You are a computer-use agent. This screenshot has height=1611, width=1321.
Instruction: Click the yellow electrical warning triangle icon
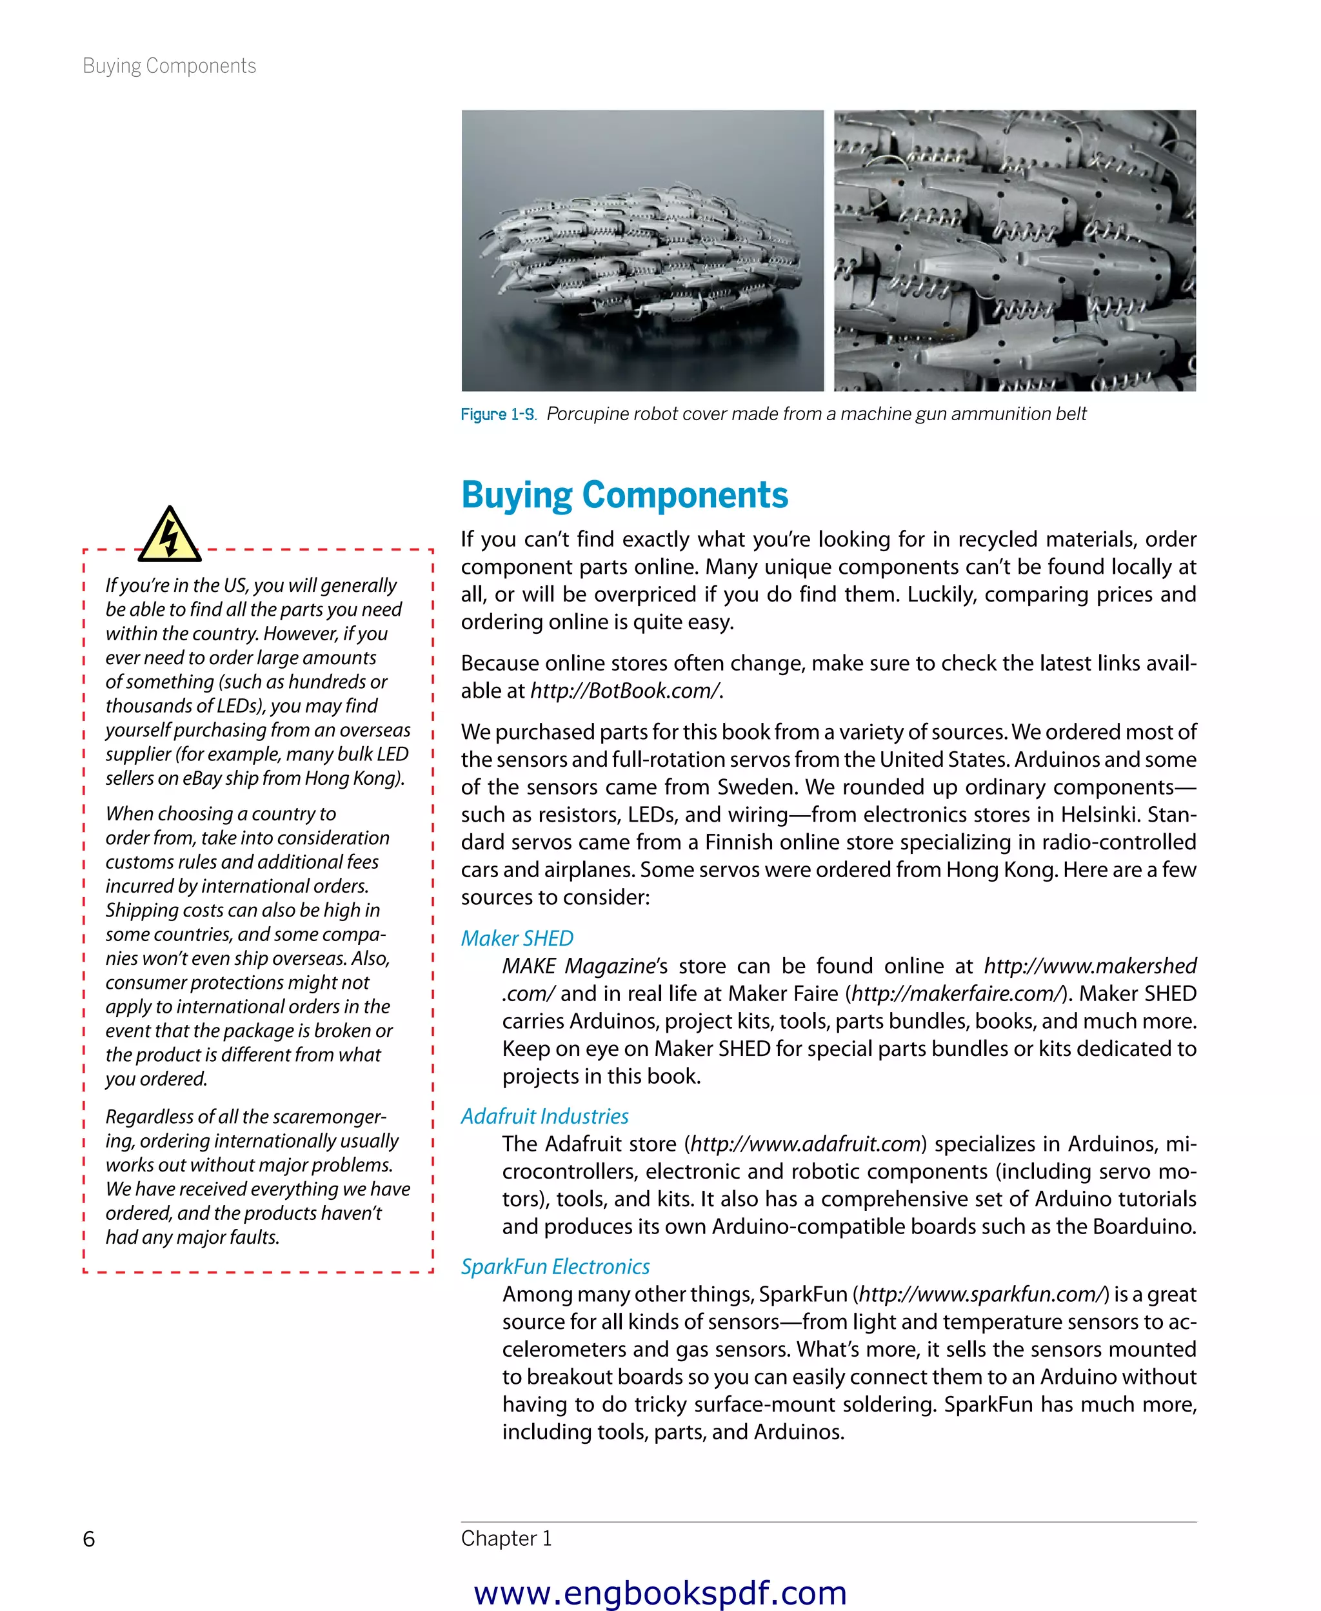pos(170,536)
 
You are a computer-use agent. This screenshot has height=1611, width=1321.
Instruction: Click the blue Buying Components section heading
pos(624,495)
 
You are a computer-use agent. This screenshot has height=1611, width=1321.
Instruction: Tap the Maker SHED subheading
pos(517,938)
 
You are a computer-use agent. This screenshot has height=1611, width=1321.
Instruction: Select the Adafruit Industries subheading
pos(544,1116)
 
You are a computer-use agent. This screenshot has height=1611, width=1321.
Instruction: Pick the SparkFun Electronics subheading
pos(555,1266)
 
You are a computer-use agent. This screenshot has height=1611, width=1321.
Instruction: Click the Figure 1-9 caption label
pos(498,414)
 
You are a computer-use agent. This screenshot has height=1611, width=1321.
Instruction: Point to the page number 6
pos(89,1539)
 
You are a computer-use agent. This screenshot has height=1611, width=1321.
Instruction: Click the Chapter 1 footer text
pos(506,1538)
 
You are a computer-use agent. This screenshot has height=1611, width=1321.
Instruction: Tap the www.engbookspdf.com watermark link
pos(660,1592)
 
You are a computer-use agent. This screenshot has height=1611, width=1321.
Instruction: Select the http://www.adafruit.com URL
pos(806,1144)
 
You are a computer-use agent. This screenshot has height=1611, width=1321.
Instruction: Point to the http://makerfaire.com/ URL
pos(956,993)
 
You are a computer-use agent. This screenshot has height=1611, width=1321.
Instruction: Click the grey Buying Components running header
pos(169,66)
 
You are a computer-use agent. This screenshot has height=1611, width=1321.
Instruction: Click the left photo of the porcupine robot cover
pos(642,250)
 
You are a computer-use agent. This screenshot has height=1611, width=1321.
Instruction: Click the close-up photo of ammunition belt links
pos(1015,250)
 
